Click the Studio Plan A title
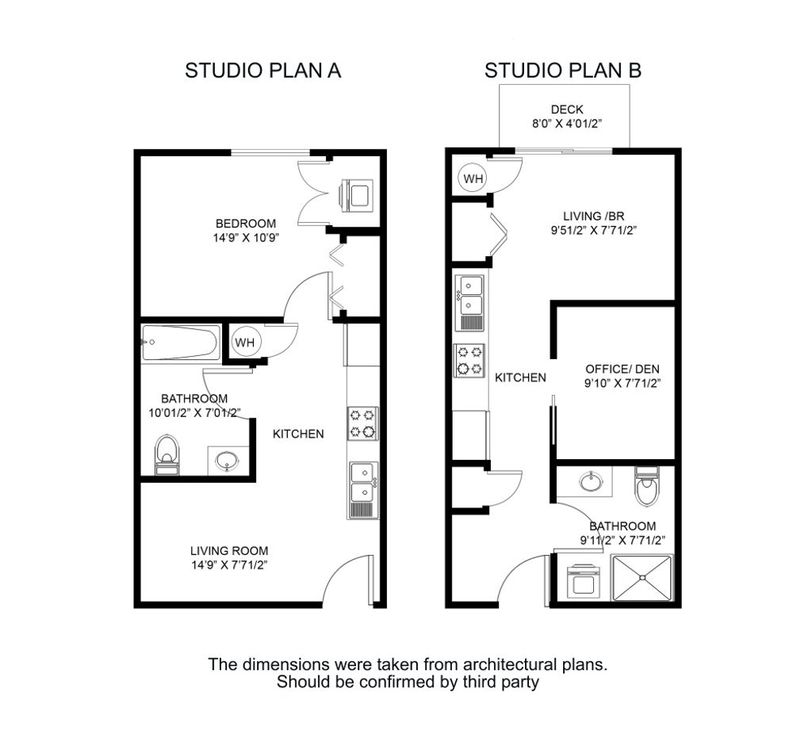click(262, 71)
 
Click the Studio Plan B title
click(563, 71)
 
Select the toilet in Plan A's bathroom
click(167, 454)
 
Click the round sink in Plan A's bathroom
click(228, 461)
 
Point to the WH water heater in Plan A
click(244, 343)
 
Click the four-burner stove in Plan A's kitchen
click(362, 423)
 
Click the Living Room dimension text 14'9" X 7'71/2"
click(229, 565)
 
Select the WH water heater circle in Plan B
click(473, 178)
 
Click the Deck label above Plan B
click(566, 109)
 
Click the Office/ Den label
click(622, 369)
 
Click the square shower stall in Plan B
click(642, 579)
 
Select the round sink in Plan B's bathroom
click(591, 481)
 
